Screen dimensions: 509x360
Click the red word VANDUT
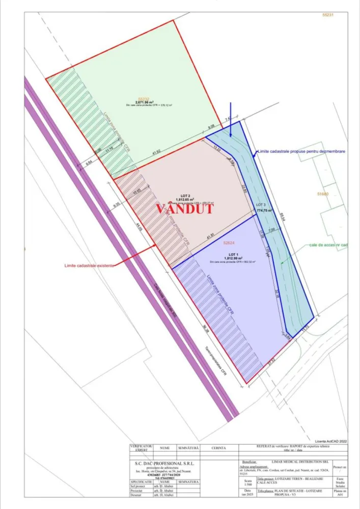[183, 210]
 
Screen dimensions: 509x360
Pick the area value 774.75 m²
[265, 210]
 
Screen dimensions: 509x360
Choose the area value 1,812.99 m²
[233, 258]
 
